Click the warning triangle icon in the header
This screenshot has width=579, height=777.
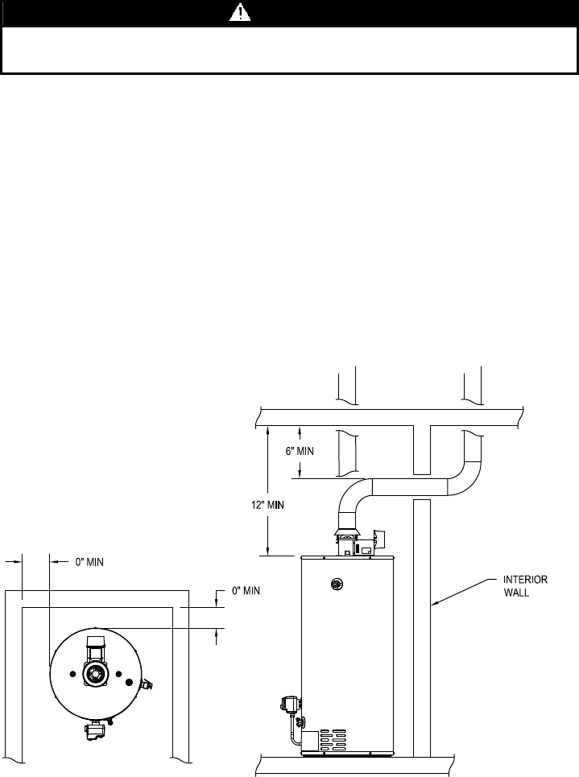click(240, 12)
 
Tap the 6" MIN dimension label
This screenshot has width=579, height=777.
click(300, 452)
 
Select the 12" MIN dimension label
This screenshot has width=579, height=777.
click(267, 505)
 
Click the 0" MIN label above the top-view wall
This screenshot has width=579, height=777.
click(89, 562)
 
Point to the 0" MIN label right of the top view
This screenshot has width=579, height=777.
click(246, 591)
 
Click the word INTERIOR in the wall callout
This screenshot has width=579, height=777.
click(526, 580)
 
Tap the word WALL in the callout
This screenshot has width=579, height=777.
click(516, 593)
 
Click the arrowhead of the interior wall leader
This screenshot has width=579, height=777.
click(434, 603)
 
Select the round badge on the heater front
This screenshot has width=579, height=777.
click(337, 585)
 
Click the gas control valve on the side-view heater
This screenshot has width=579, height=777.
click(291, 705)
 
